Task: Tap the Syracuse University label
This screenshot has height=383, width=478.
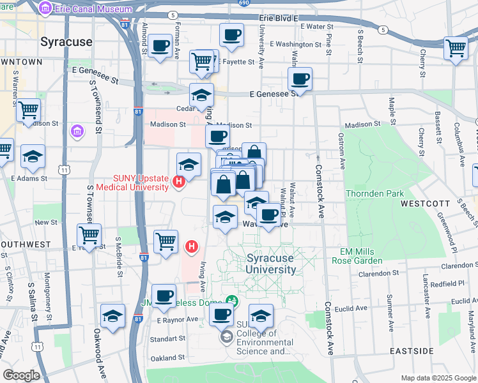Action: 271,264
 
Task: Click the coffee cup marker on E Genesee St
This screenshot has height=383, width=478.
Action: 299,79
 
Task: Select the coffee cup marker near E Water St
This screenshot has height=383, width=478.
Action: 231,34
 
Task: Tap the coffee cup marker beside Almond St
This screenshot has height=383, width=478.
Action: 160,46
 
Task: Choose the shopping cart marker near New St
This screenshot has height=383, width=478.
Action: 89,235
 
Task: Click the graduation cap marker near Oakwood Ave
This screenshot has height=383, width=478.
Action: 113,317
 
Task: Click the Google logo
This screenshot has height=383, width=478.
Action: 21,375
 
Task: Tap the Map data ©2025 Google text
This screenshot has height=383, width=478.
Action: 438,378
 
